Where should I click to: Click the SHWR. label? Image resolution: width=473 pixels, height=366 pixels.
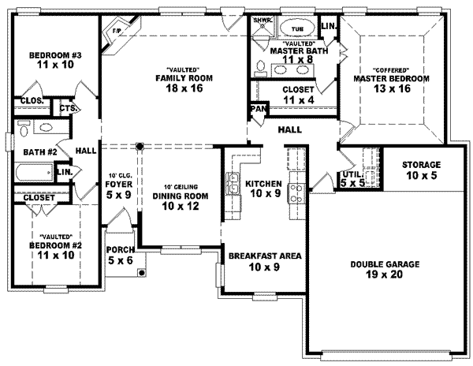point(262,19)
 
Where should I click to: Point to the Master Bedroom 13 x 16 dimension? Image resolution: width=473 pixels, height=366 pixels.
point(390,89)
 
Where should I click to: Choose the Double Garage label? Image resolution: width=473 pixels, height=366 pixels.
point(385,264)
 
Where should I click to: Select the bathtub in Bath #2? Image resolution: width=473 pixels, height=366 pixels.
point(32,172)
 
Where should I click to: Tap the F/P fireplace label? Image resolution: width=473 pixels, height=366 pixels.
point(116,32)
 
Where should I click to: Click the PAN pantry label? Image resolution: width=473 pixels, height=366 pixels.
point(257,108)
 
